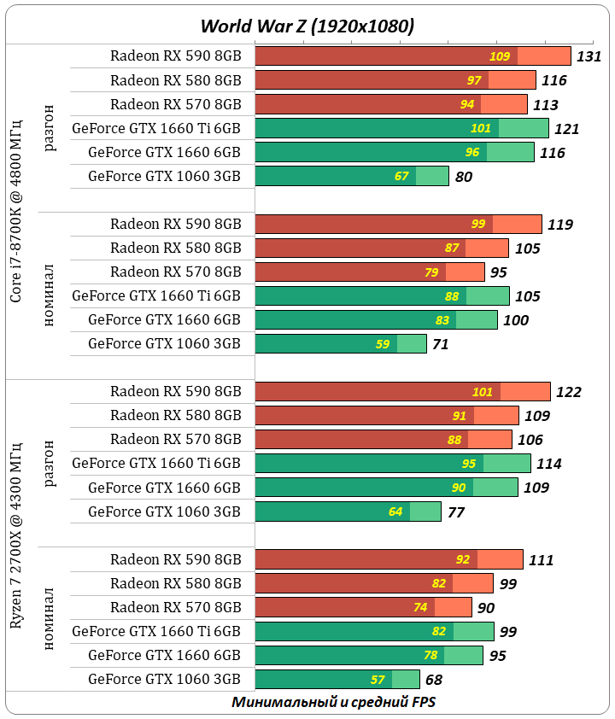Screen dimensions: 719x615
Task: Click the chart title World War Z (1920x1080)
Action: point(307,26)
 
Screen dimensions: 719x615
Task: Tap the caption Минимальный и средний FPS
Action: point(334,702)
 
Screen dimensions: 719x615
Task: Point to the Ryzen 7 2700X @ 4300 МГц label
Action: point(16,535)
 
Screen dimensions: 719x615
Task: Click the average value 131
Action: point(589,56)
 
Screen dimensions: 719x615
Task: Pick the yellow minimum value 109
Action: point(500,56)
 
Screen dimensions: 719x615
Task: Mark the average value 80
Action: point(463,177)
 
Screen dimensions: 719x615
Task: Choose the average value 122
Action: point(568,392)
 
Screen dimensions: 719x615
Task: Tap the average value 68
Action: point(434,681)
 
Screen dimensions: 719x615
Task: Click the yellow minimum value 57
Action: point(378,681)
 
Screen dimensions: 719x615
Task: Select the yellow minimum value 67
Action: point(401,177)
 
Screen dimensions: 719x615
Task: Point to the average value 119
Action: point(559,225)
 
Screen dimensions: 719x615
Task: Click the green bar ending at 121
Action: point(401,129)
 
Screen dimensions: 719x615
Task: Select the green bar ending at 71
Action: point(340,344)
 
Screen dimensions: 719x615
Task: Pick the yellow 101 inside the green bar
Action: point(481,129)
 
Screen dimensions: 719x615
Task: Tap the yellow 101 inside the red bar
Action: point(483,392)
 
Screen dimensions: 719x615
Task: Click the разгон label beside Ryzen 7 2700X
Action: point(49,463)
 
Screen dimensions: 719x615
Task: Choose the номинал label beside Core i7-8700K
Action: point(49,295)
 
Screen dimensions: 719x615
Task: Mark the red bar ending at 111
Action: point(389,560)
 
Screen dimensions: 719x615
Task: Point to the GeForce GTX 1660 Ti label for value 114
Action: point(156,464)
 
